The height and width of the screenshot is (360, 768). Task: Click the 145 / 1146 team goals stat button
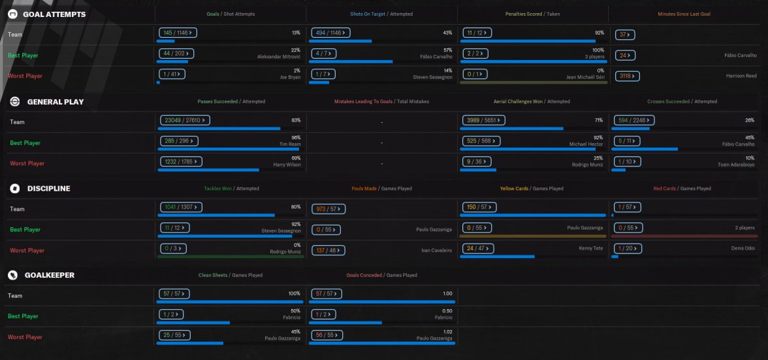(x=178, y=31)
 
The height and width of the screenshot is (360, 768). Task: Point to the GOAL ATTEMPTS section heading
(x=54, y=14)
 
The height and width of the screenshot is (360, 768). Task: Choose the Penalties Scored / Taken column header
(x=532, y=14)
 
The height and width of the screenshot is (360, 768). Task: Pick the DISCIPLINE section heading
(x=48, y=188)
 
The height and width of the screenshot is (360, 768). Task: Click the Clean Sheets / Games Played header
(x=231, y=275)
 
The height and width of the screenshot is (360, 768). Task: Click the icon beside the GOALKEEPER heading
(x=12, y=275)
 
